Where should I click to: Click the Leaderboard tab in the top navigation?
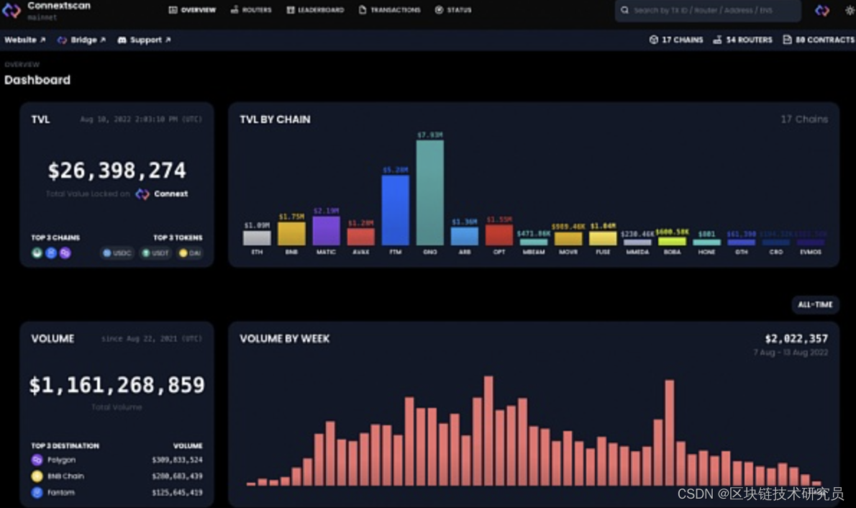tap(315, 10)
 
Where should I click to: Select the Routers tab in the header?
tap(251, 10)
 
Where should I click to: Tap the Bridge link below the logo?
tap(81, 40)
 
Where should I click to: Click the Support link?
tap(144, 40)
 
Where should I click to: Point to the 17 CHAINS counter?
tap(676, 40)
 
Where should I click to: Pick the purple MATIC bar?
tap(326, 231)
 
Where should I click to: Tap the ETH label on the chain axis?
tap(257, 253)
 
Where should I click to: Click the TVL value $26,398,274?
tap(117, 171)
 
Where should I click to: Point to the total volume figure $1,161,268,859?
tap(117, 385)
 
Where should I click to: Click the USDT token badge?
tap(155, 253)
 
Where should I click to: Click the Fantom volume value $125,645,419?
tap(177, 493)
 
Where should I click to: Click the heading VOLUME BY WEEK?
tap(284, 339)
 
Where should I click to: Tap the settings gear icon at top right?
tap(849, 11)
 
